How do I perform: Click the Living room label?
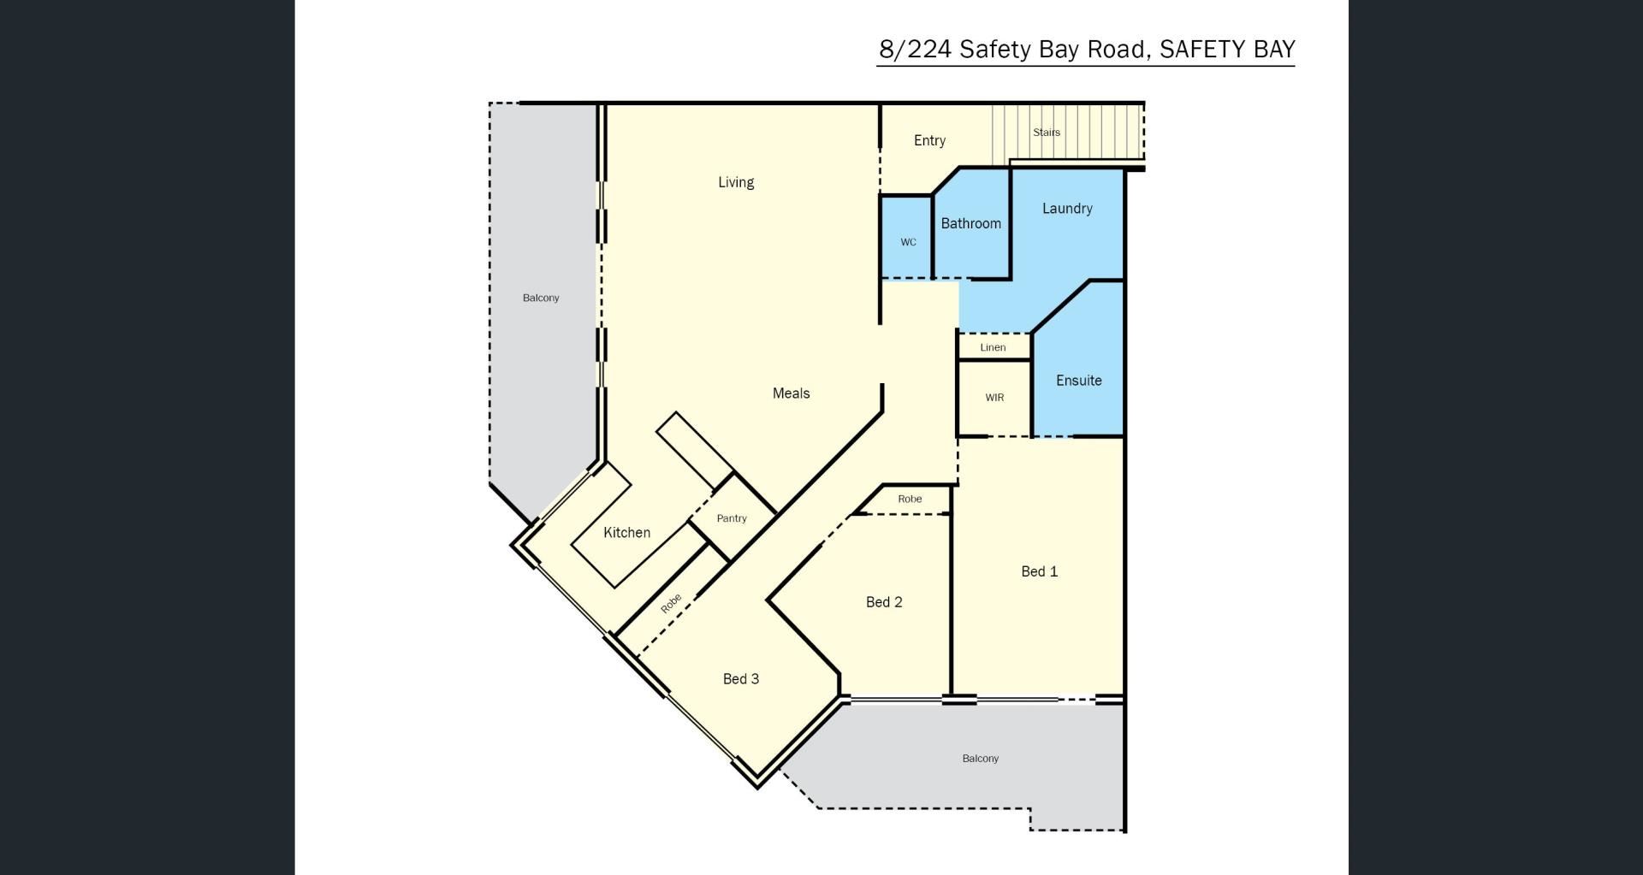[x=736, y=182]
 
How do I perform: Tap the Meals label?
[x=791, y=393]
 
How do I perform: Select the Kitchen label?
[x=626, y=533]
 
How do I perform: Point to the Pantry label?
[x=732, y=518]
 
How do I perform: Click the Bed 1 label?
[x=1040, y=571]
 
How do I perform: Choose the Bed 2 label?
[x=884, y=602]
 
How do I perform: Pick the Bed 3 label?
[x=741, y=679]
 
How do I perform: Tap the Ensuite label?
[x=1078, y=381]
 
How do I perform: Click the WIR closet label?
[x=994, y=398]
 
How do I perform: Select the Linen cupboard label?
[x=993, y=347]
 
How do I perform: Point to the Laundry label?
[x=1067, y=209]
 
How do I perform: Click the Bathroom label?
[x=970, y=223]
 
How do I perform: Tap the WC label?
[x=908, y=242]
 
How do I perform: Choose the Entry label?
[x=929, y=140]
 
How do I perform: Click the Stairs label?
[x=1047, y=133]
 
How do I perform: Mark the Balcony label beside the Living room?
[x=541, y=298]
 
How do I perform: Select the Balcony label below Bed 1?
[x=980, y=759]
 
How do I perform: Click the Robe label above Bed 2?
[x=910, y=499]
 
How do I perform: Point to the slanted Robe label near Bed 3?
[x=671, y=603]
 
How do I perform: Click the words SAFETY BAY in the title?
[x=1227, y=50]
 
